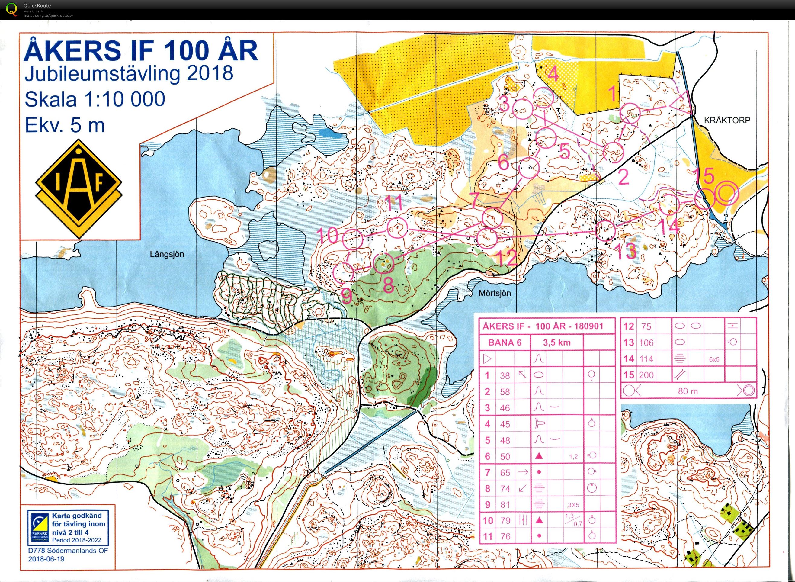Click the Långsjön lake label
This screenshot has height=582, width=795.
pos(167,254)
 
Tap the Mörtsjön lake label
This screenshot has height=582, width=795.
pos(495,293)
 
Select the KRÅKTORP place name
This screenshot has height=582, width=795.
pos(727,120)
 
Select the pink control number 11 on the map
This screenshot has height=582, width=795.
pos(393,203)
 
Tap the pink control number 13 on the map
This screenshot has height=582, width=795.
pos(626,251)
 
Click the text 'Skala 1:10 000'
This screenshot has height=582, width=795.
pos(95,99)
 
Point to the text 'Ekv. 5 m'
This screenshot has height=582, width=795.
pos(65,125)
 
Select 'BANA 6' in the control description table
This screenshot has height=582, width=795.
pos(505,342)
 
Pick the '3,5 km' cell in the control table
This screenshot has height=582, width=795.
pos(556,342)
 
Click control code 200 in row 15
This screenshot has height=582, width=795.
pos(646,375)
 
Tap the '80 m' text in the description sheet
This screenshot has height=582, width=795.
pos(688,391)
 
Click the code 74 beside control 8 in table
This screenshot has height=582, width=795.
pos(505,489)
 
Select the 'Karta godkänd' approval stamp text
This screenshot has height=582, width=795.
pos(77,516)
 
